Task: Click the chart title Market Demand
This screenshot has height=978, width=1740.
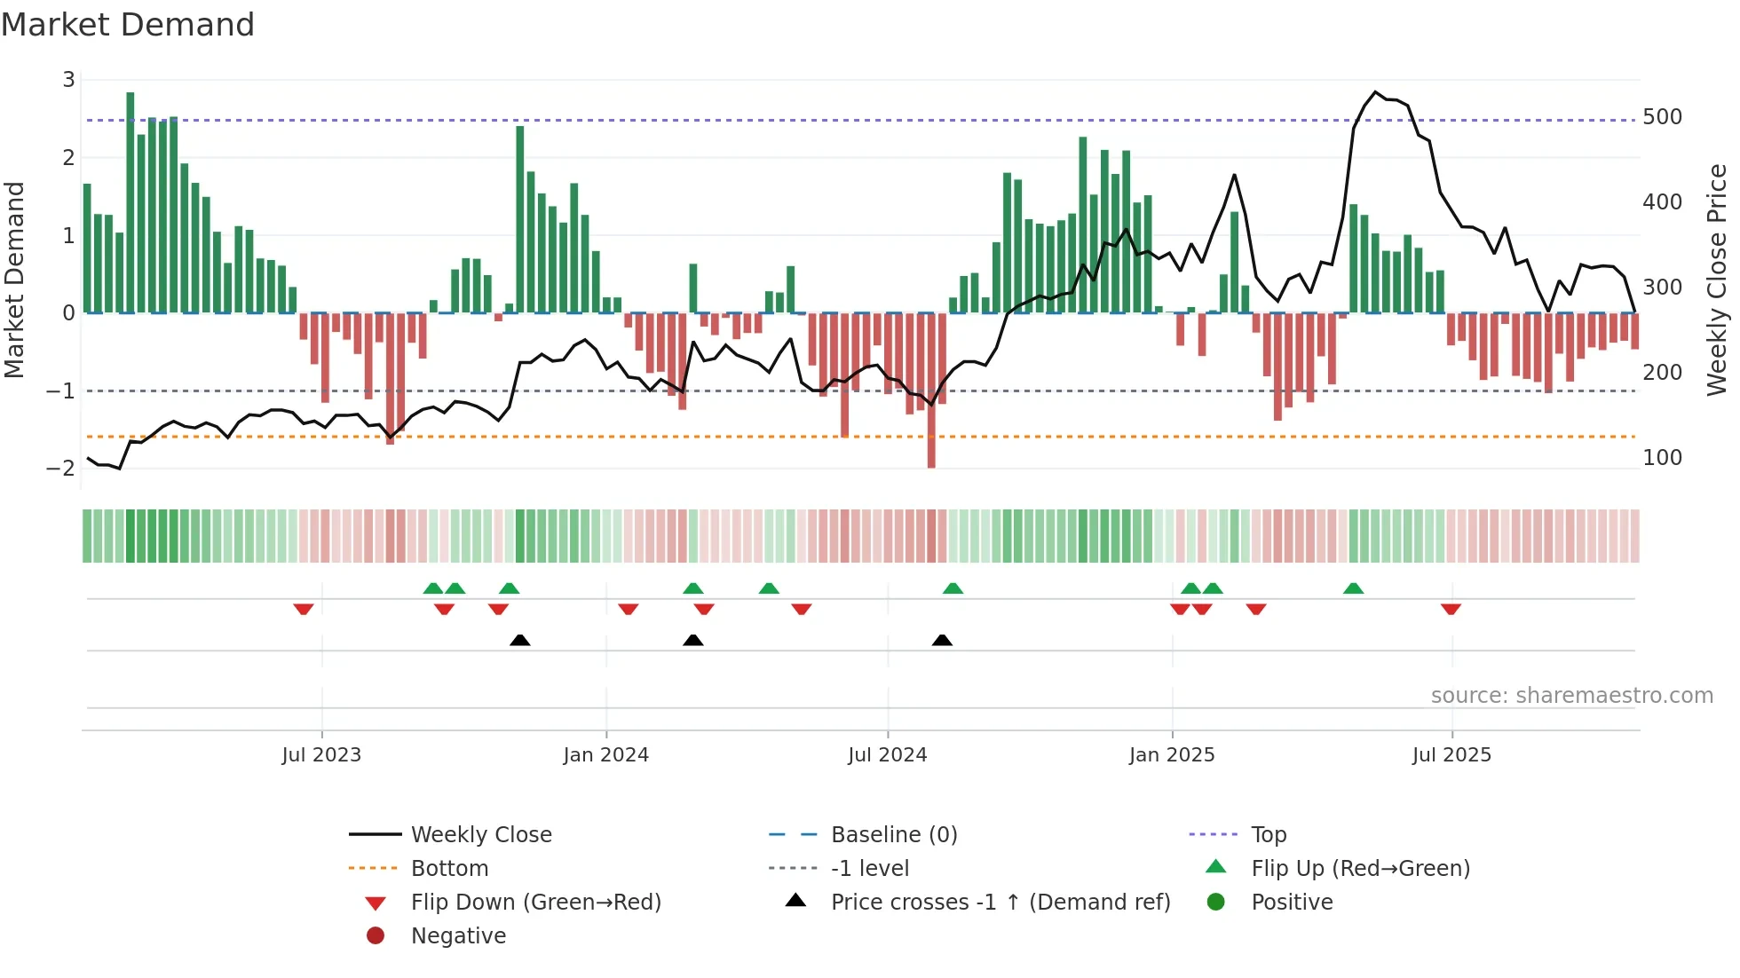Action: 128,25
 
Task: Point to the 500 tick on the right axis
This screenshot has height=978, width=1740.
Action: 1662,117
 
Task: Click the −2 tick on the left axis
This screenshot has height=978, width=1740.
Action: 61,469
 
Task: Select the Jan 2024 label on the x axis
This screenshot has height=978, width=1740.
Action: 605,755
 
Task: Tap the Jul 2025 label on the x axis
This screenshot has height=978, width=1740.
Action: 1451,755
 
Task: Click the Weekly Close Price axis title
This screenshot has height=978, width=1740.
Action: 1717,280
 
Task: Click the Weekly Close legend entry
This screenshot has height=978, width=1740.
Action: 480,835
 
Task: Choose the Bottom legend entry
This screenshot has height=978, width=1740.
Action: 449,869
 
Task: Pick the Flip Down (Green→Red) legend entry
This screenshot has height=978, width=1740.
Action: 535,903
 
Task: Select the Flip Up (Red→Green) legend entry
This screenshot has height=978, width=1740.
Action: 1360,869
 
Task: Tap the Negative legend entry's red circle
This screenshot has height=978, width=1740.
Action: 376,936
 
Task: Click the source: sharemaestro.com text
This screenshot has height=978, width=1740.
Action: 1571,696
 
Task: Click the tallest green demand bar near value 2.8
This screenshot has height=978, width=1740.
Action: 130,202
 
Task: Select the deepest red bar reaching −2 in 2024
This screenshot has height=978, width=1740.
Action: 931,390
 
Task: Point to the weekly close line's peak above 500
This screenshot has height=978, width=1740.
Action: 1375,92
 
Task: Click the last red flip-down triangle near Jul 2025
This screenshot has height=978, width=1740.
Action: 1451,609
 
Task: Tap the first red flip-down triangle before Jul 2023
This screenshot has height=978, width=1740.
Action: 304,609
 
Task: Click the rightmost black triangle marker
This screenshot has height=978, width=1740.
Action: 942,640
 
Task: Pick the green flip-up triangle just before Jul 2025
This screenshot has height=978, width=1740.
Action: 1353,588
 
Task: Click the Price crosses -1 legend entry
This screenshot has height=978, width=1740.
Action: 1000,903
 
